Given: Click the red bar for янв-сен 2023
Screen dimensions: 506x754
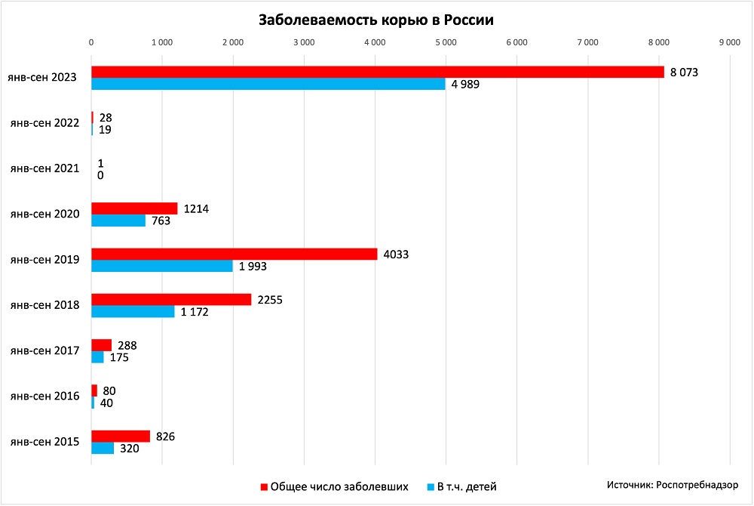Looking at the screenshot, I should click(x=377, y=72).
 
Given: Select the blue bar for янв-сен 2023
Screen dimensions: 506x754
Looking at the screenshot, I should click(x=268, y=84).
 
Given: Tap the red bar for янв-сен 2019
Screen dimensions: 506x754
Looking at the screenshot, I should click(x=234, y=254).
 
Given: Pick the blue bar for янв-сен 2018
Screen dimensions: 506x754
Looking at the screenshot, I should click(x=133, y=311).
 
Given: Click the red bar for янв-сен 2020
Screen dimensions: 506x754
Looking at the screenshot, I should click(x=134, y=208).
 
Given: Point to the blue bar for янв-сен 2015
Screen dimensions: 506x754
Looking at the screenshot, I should click(x=103, y=448).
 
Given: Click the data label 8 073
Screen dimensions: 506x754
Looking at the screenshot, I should click(x=686, y=72).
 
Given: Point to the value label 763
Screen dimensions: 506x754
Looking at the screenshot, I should click(x=161, y=221).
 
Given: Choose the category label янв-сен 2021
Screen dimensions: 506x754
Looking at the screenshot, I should click(x=44, y=168).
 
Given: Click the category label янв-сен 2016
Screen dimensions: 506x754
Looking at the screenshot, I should click(x=44, y=396).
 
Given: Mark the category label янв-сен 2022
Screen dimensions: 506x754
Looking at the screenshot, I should click(x=44, y=123).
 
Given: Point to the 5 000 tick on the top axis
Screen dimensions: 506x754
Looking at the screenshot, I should click(x=445, y=43).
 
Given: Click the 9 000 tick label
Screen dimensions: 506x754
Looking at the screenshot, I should click(x=729, y=43).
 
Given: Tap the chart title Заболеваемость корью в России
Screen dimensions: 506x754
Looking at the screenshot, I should click(x=375, y=20).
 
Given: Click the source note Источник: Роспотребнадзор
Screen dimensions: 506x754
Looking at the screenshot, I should click(x=673, y=484).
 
